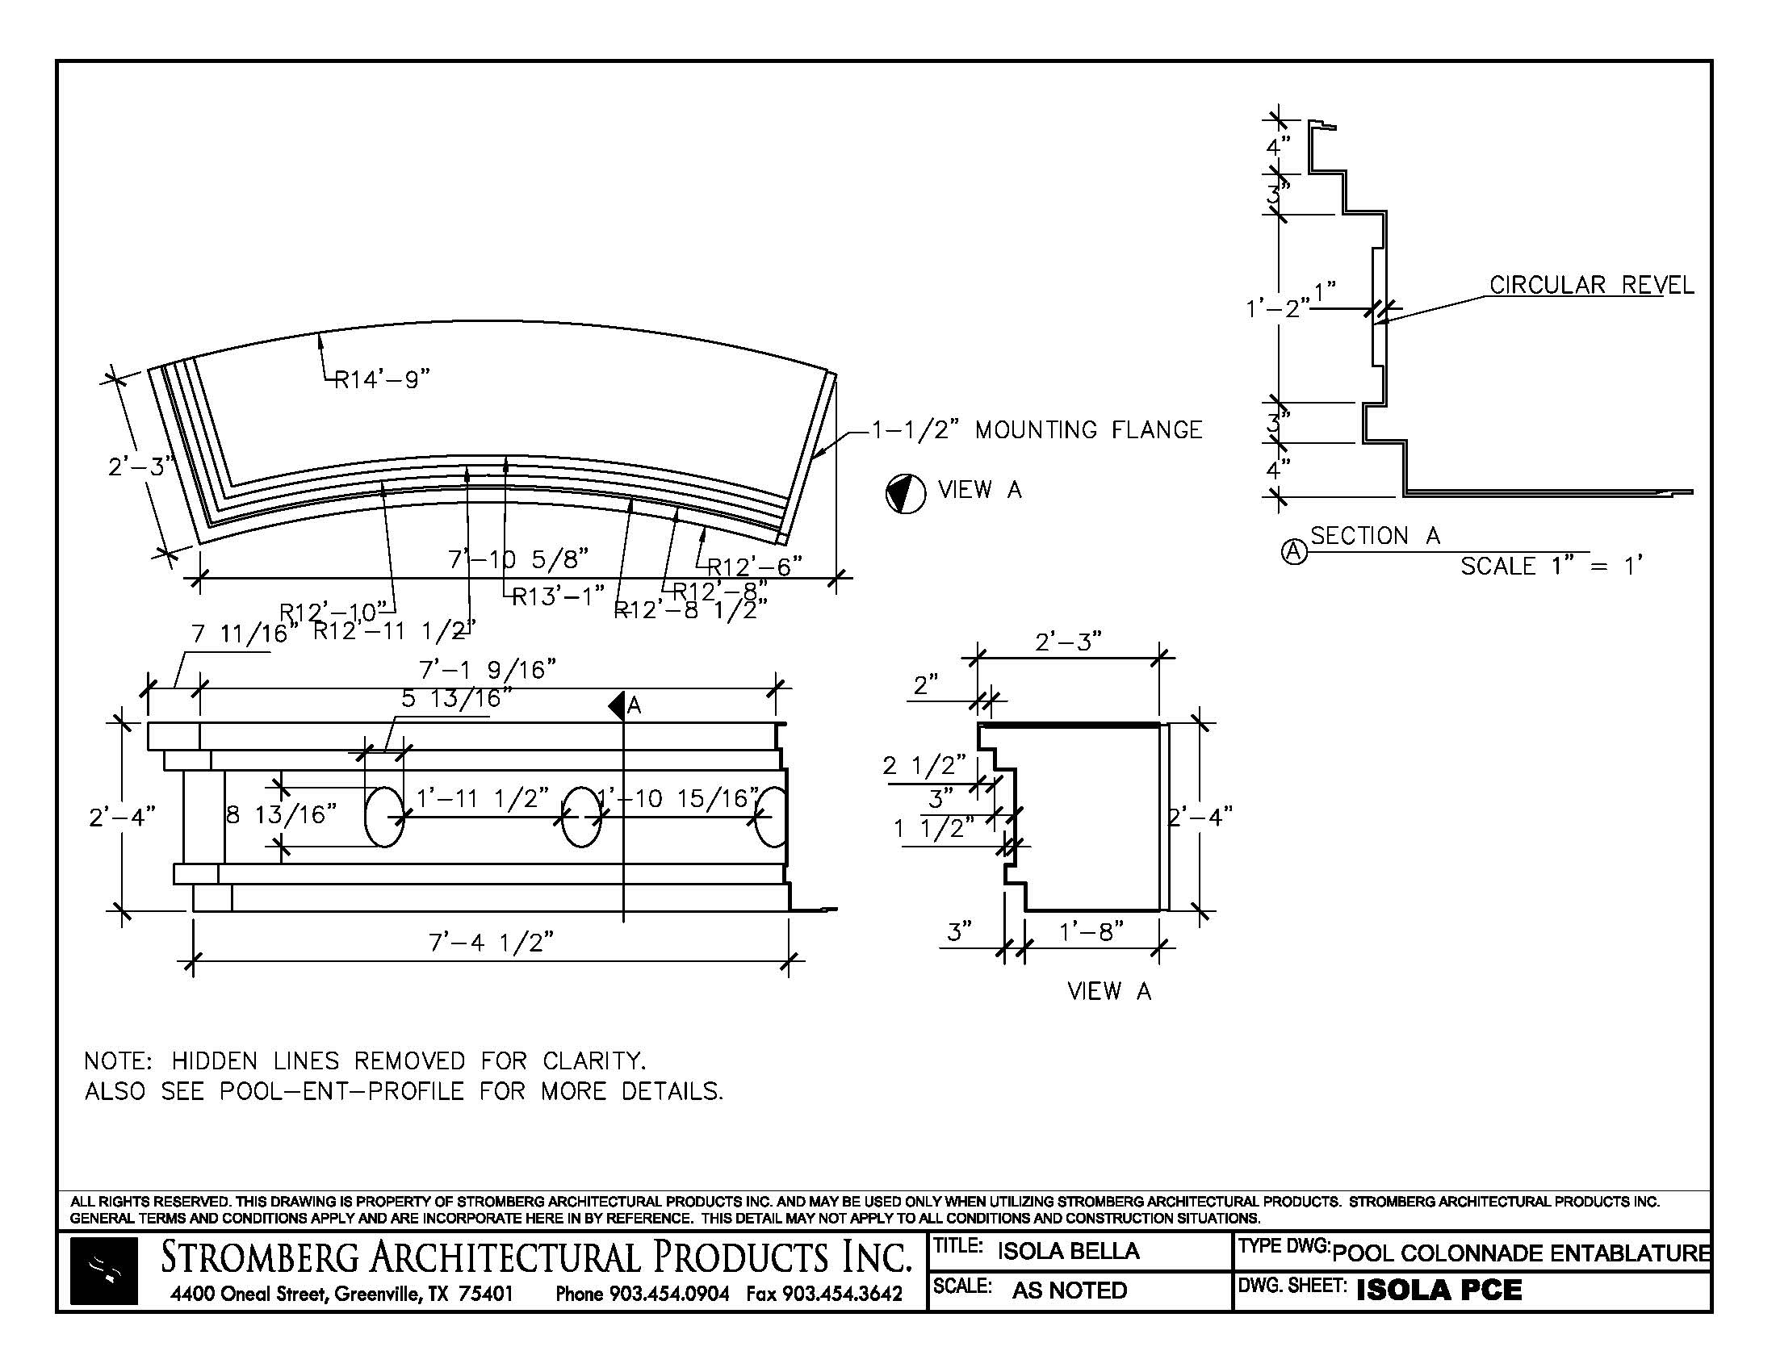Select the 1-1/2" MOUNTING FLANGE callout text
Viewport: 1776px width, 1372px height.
point(1037,429)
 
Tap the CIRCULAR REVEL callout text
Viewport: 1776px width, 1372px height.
point(1591,285)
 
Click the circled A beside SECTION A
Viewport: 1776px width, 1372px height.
point(1294,552)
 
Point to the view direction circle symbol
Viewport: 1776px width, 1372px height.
point(905,493)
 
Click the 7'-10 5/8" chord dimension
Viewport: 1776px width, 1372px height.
point(518,559)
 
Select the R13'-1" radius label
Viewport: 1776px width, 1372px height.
point(558,596)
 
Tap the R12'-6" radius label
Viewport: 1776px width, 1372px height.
point(755,566)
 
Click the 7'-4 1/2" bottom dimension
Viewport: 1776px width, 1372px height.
point(491,943)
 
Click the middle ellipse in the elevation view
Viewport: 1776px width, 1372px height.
point(581,816)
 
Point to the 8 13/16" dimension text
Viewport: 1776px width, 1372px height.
point(282,814)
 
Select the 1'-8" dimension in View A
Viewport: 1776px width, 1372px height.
point(1091,931)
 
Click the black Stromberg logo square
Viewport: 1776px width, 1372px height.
point(103,1271)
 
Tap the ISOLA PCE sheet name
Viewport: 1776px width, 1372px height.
point(1439,1290)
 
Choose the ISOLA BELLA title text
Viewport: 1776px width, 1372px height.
point(1068,1251)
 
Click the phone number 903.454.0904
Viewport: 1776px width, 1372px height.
point(668,1293)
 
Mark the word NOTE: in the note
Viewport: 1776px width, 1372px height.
point(118,1060)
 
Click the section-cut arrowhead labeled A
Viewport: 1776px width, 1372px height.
point(618,705)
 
